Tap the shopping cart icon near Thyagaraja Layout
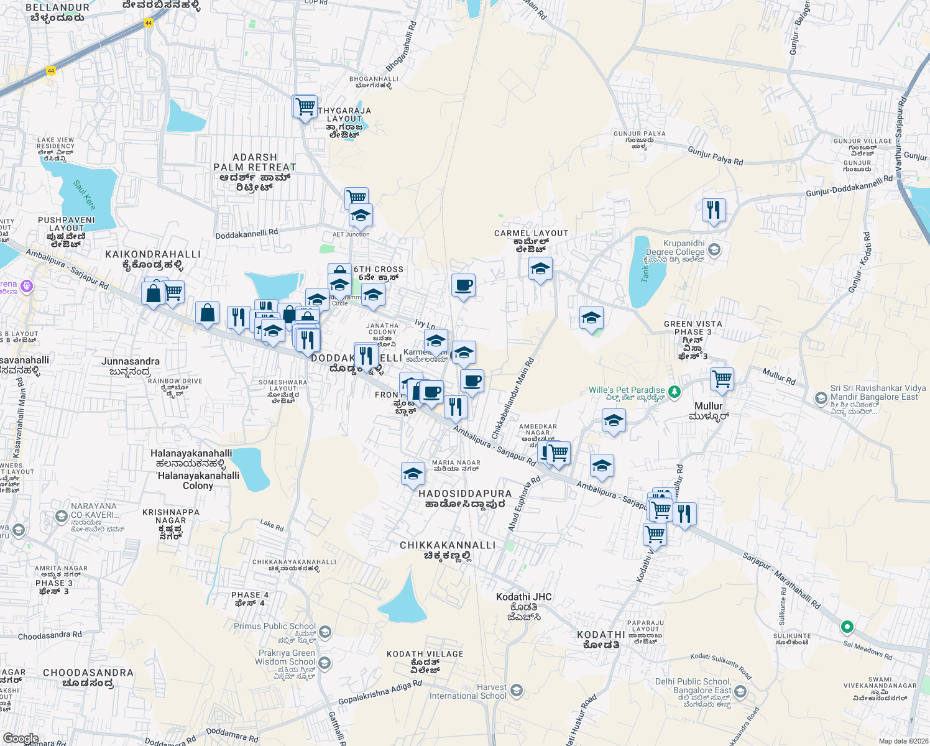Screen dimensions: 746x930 pos(305,108)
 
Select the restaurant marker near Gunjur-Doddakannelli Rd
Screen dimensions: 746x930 pos(714,210)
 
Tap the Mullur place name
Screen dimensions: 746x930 pos(709,406)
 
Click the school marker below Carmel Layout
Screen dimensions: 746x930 pos(540,270)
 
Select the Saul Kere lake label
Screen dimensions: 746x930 pos(85,195)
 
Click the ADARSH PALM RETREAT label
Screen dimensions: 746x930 pos(255,162)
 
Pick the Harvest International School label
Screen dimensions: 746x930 pos(468,692)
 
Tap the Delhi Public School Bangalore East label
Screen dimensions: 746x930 pos(693,686)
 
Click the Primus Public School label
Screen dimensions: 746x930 pos(275,627)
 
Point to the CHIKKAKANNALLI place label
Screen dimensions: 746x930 pos(448,545)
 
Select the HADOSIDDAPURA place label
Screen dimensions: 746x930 pos(465,494)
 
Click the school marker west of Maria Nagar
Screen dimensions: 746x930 pos(413,475)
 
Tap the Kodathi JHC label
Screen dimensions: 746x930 pos(524,597)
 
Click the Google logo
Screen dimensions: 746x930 pos(21,739)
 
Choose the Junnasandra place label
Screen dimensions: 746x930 pos(131,361)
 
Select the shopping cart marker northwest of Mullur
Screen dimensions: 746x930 pos(722,379)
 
